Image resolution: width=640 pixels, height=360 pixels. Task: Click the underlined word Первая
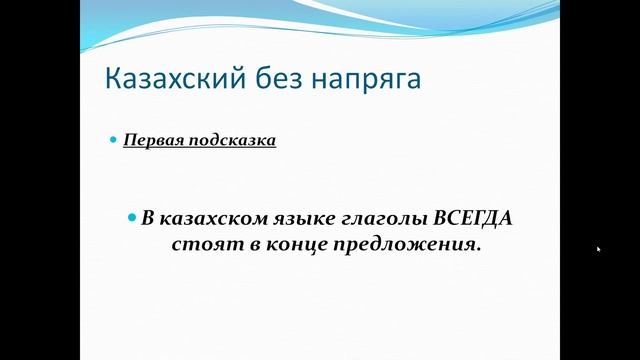(154, 140)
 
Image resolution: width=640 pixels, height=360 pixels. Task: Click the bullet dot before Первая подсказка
(113, 140)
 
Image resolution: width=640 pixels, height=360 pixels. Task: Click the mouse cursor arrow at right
(598, 249)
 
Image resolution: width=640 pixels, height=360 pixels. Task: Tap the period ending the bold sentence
(479, 249)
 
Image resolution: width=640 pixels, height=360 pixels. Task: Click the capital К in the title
(114, 79)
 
